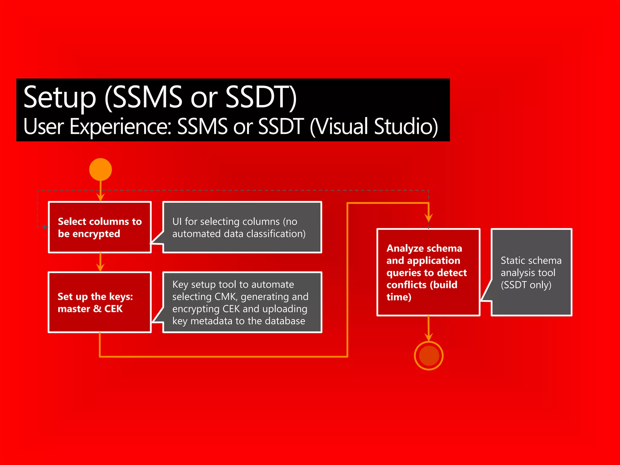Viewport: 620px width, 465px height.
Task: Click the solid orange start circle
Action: click(x=101, y=169)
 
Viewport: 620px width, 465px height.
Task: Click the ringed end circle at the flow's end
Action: click(x=429, y=355)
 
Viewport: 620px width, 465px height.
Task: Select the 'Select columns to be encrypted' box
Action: click(x=100, y=227)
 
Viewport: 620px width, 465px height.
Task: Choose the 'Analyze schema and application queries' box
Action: click(x=428, y=272)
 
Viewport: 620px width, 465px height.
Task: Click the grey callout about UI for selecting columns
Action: click(x=242, y=227)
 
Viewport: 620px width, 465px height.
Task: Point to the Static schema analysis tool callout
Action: click(x=531, y=272)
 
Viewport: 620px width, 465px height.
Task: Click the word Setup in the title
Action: click(x=60, y=97)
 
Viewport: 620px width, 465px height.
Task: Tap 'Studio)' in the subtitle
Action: click(x=406, y=126)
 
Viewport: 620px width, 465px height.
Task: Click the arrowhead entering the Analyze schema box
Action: click(x=428, y=217)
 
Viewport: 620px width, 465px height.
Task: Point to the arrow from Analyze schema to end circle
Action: click(x=428, y=329)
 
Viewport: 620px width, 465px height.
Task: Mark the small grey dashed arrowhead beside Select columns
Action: click(x=45, y=227)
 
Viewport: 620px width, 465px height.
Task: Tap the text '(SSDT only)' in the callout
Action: click(x=526, y=285)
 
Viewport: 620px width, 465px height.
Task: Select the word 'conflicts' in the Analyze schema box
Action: click(x=406, y=285)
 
